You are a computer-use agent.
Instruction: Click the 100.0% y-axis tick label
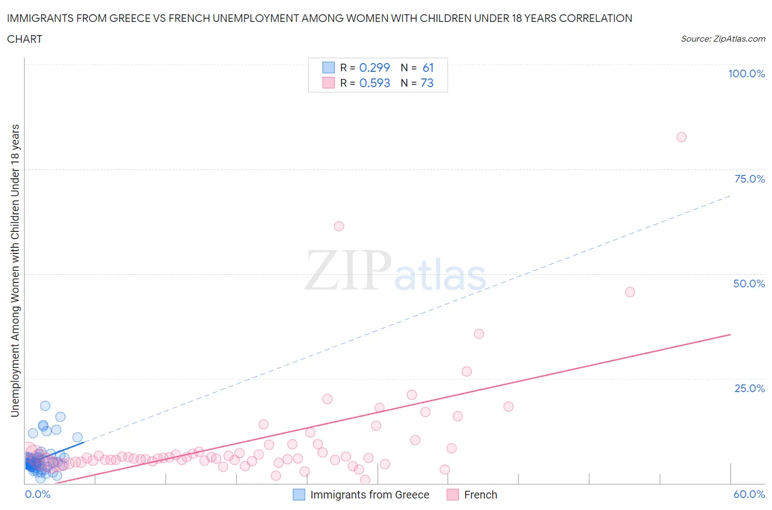pyautogui.click(x=746, y=73)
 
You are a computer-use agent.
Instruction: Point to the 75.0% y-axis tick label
pyautogui.click(x=749, y=179)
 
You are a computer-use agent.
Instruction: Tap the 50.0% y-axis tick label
pyautogui.click(x=749, y=284)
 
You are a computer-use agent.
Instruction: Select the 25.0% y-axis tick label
pyautogui.click(x=749, y=388)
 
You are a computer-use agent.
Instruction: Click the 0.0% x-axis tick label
pyautogui.click(x=37, y=494)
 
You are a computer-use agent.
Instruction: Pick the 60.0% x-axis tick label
pyautogui.click(x=749, y=494)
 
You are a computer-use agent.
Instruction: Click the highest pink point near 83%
pyautogui.click(x=681, y=137)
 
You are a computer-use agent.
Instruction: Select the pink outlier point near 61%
pyautogui.click(x=339, y=226)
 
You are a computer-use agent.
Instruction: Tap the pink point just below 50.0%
pyautogui.click(x=630, y=292)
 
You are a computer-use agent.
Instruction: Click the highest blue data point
pyautogui.click(x=45, y=406)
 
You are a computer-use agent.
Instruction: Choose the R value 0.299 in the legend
pyautogui.click(x=374, y=67)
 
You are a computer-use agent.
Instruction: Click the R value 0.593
pyautogui.click(x=374, y=83)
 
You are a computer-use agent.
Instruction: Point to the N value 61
pyautogui.click(x=428, y=67)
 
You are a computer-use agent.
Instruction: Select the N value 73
pyautogui.click(x=427, y=83)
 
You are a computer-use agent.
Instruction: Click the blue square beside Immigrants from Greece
pyautogui.click(x=299, y=495)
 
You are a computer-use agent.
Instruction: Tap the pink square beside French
pyautogui.click(x=452, y=495)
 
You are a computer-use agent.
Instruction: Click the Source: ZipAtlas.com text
pyautogui.click(x=723, y=39)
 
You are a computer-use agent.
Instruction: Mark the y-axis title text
pyautogui.click(x=15, y=270)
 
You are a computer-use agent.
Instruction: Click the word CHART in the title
pyautogui.click(x=25, y=39)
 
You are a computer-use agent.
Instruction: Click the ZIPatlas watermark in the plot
pyautogui.click(x=395, y=270)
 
